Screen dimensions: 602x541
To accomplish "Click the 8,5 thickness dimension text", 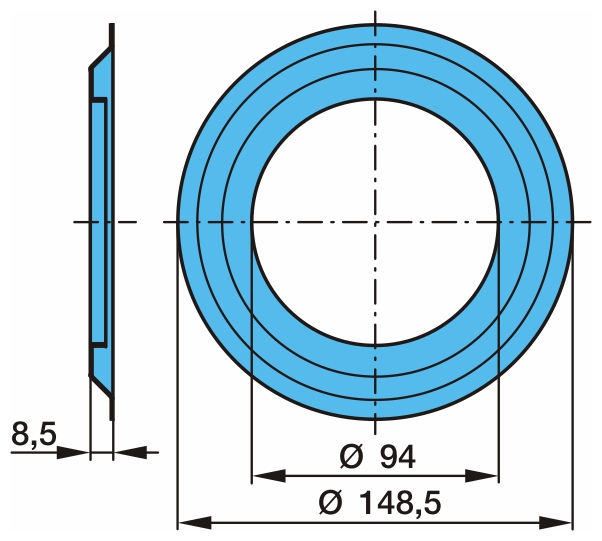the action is (x=34, y=434).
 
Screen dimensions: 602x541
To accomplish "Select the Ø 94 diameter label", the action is (x=378, y=457).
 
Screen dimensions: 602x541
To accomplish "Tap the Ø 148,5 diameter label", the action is (x=380, y=503).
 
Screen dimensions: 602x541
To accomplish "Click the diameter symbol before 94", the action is (x=351, y=457).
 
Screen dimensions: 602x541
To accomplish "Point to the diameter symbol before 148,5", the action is (x=330, y=503).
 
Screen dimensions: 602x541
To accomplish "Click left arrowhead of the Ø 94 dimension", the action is (x=269, y=476).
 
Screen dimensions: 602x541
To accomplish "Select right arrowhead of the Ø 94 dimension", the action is (x=481, y=476).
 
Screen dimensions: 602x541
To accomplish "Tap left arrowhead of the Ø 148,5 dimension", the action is (x=195, y=523).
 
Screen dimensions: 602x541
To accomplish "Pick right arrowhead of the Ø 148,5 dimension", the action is (x=555, y=523).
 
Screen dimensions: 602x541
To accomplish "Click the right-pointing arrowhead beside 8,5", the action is (x=73, y=453).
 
